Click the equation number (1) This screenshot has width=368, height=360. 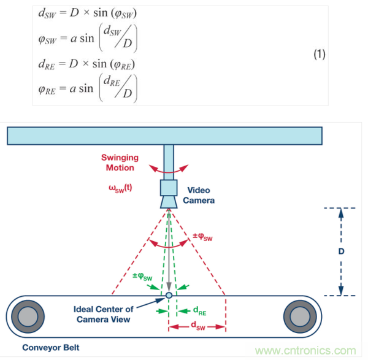pos(320,55)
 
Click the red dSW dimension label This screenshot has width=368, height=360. pos(198,327)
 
